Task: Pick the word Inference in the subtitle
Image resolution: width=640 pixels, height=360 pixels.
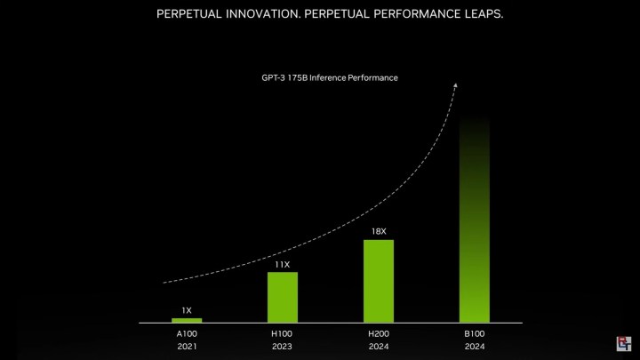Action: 332,78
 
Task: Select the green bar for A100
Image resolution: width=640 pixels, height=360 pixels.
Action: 187,319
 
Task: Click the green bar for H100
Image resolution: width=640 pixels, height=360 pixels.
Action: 283,297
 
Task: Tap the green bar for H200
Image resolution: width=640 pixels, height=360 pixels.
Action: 379,281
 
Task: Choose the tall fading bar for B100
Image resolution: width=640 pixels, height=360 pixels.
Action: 475,222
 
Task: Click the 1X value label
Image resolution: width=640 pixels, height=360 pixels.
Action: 187,309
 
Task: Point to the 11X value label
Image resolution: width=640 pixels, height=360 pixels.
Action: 283,264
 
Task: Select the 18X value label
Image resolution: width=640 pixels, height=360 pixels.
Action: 379,231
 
